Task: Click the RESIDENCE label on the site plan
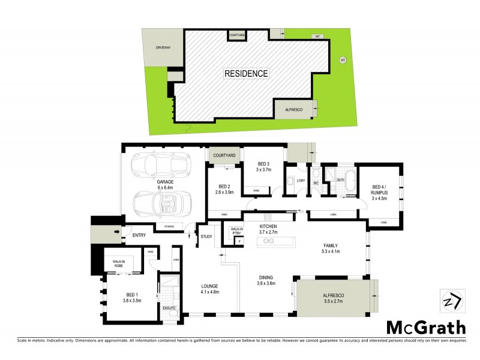point(246,74)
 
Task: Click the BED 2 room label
point(225,189)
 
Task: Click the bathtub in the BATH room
point(345,190)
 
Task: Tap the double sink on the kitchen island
point(269,241)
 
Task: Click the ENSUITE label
point(170,308)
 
